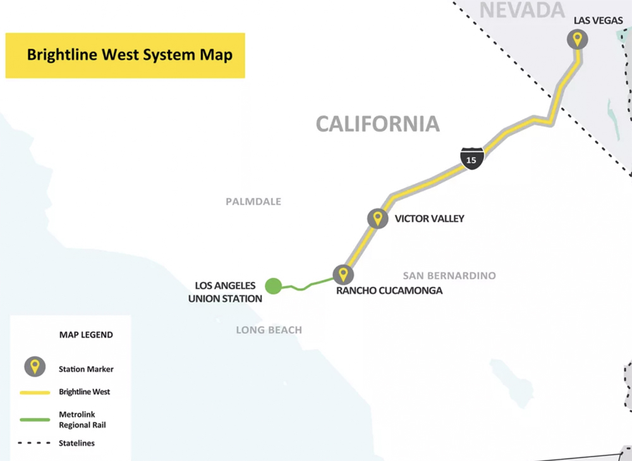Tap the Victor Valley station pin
[x=377, y=219]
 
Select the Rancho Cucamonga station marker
[x=343, y=274]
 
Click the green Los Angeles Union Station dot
[x=273, y=286]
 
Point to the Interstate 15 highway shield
[x=471, y=157]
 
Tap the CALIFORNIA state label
[x=377, y=123]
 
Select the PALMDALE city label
[x=253, y=202]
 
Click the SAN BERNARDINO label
[x=449, y=276]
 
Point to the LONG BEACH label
[x=269, y=329]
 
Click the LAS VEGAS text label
[x=598, y=21]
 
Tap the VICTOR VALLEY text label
[x=429, y=219]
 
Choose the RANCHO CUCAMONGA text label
[x=389, y=291]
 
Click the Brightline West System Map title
[x=130, y=55]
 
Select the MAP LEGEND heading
[x=86, y=335]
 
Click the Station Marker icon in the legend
[x=35, y=366]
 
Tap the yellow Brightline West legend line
[x=35, y=392]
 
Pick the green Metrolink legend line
[x=35, y=419]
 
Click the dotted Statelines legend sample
[x=35, y=443]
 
